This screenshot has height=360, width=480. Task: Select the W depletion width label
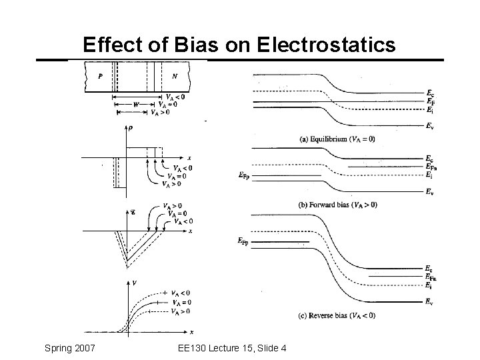pos(137,104)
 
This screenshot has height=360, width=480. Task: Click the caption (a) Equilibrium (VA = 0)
pos(338,139)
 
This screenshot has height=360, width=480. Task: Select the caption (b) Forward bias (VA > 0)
pos(337,205)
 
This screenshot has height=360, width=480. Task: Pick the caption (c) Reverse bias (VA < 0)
pos(337,315)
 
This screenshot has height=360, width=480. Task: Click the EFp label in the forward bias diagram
pos(244,175)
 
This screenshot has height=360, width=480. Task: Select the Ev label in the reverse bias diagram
pos(431,301)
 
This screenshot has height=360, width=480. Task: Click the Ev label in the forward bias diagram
pos(431,192)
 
